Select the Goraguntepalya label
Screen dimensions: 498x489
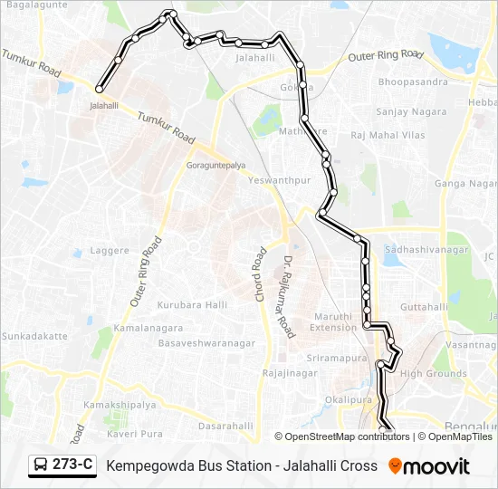pos(215,167)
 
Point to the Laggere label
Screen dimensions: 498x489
pos(109,249)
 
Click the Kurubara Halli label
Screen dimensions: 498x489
pos(192,305)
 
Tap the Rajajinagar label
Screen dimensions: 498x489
pos(287,373)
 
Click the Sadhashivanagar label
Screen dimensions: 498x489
pos(426,249)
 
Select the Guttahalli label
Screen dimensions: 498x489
pos(425,308)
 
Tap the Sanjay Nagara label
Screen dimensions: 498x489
pos(411,111)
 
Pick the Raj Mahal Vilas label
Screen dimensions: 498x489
pos(388,135)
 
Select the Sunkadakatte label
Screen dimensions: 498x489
pos(34,336)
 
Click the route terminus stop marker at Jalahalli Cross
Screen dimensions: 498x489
pos(99,89)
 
